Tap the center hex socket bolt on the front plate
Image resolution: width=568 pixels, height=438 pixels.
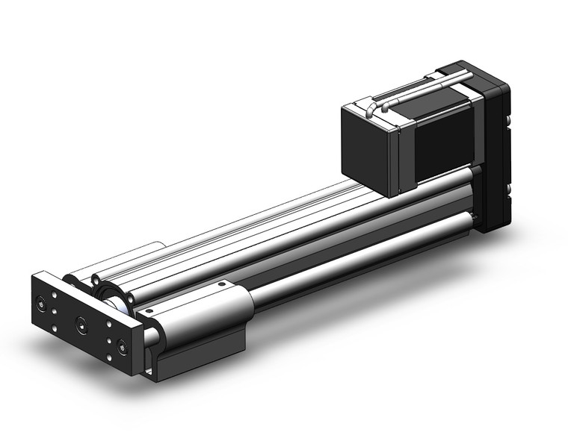[x=81, y=323]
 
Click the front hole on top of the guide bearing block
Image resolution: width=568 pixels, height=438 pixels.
[x=149, y=310]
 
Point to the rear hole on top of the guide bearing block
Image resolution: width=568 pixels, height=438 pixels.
[x=221, y=284]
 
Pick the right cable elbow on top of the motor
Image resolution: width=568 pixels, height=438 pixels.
[x=386, y=107]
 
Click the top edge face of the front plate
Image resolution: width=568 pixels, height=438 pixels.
[x=90, y=298]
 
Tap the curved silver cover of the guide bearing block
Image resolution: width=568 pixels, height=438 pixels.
[x=202, y=313]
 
